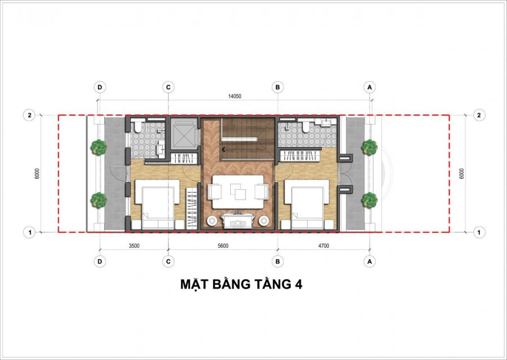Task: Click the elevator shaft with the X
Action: pyautogui.click(x=184, y=133)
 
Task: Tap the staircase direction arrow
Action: pyautogui.click(x=224, y=149)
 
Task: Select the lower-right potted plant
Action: pyautogui.click(x=369, y=200)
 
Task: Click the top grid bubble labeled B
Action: pyautogui.click(x=278, y=87)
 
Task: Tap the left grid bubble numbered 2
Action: pyautogui.click(x=30, y=115)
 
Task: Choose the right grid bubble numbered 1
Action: pyautogui.click(x=479, y=231)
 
